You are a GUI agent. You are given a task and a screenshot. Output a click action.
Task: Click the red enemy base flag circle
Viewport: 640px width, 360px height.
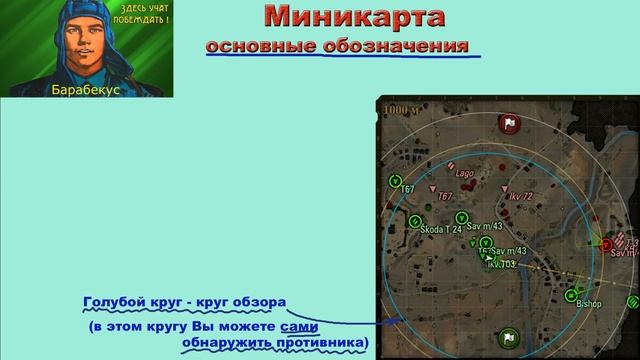coord(508,124)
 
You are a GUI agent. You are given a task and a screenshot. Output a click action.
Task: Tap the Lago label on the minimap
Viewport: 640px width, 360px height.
coord(464,173)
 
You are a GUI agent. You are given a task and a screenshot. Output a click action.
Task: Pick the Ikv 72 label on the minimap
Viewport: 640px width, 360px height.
coord(521,197)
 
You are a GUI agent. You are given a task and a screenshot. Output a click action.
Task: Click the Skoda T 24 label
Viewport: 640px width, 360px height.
coord(441,229)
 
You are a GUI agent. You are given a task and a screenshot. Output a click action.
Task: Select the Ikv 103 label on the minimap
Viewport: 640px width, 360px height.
coord(501,265)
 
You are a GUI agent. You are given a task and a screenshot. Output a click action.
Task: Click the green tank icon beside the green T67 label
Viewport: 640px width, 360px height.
coord(395,181)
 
